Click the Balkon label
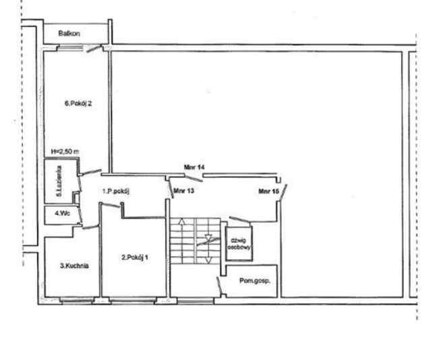(x=69, y=33)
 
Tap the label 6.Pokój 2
(x=78, y=103)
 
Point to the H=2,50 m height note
(x=65, y=152)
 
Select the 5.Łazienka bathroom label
(x=59, y=181)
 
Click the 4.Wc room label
(x=63, y=213)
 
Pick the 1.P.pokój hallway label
(x=116, y=191)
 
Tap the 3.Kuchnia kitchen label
(x=74, y=266)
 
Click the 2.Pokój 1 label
(x=135, y=258)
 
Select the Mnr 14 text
(x=194, y=167)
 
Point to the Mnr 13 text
(x=184, y=191)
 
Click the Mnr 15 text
(x=268, y=191)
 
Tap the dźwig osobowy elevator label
(x=239, y=244)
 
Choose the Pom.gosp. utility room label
(x=255, y=281)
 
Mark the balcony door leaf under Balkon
(x=94, y=49)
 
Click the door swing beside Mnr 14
(x=193, y=178)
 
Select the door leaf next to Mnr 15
(x=283, y=192)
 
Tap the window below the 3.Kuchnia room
(x=78, y=300)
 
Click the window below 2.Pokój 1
(x=133, y=300)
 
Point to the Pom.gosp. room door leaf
(x=220, y=286)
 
